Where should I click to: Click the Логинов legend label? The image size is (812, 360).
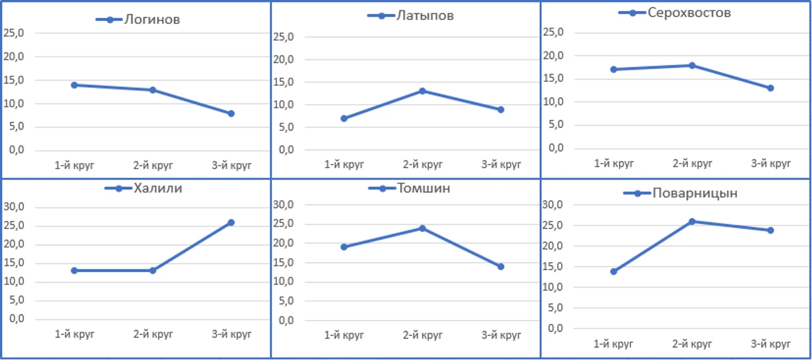pos(152,19)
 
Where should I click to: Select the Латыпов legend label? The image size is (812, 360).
pos(425,16)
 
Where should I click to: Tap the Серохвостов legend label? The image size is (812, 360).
pos(689,12)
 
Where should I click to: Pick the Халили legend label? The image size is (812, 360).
pos(157,188)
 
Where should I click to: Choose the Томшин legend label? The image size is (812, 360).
pos(423,188)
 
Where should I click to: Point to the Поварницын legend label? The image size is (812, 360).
pos(695,193)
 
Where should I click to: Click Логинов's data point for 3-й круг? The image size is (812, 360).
pos(231,114)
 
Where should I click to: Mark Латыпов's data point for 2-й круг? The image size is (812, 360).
pos(423,91)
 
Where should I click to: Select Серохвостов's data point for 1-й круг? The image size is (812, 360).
pos(613,70)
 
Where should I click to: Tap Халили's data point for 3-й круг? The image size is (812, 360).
pos(231,223)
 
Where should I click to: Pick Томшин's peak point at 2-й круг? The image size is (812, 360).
pos(423,228)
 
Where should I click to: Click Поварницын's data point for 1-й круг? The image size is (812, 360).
pos(613,272)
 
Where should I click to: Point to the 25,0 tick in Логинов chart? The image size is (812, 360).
pos(14,33)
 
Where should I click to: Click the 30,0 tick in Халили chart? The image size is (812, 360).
pos(14,208)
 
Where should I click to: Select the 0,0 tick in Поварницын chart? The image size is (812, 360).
pos(556,328)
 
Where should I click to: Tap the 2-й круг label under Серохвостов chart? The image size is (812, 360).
pos(692,164)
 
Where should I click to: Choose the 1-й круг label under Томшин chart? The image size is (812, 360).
pos(344,335)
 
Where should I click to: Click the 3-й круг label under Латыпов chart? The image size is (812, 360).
pos(501,165)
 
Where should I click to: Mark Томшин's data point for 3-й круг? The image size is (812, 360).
pos(501,267)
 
